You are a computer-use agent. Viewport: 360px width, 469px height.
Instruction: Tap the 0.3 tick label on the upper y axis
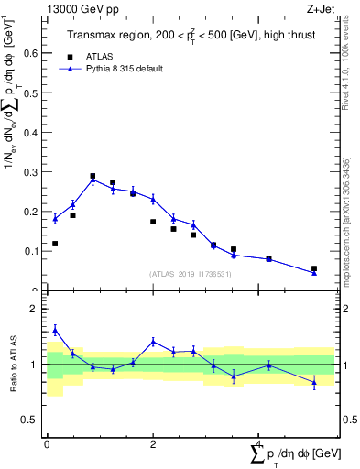33,172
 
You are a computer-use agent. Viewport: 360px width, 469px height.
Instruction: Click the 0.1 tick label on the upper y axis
33,251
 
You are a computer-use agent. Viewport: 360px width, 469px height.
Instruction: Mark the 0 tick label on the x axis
47,444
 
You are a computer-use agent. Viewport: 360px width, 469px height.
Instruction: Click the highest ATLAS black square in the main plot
93,176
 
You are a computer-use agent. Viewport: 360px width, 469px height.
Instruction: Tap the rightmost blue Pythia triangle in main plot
314,272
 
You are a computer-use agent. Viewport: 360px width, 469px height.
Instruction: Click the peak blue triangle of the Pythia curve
93,180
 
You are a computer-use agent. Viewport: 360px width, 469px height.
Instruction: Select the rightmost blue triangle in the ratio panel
314,382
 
